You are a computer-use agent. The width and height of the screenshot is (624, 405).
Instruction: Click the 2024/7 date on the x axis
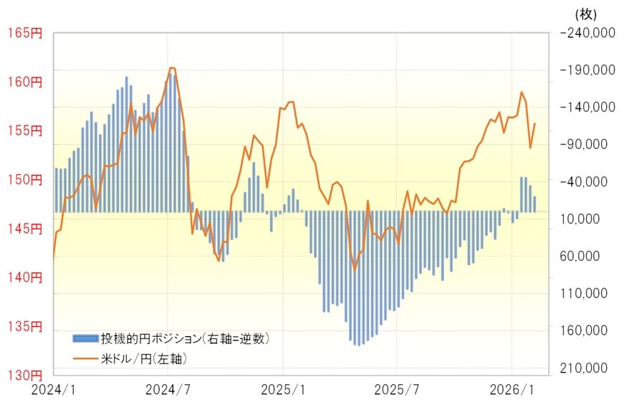pos(168,390)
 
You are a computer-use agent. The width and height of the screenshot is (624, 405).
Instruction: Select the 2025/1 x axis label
pos(283,390)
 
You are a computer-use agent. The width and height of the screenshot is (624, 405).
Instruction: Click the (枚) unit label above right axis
pos(586,13)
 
